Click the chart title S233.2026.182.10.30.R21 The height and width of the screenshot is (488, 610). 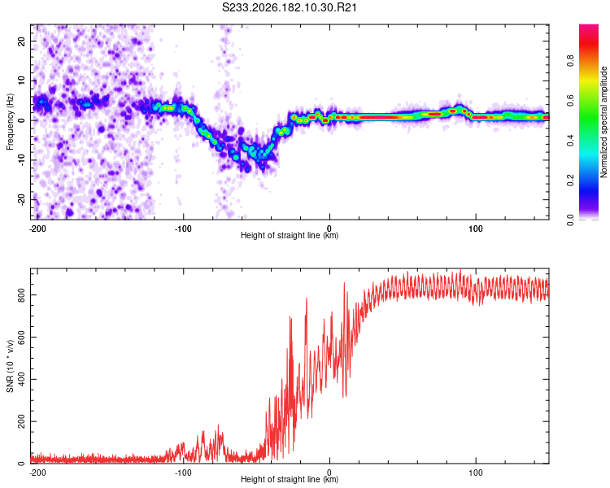point(289,7)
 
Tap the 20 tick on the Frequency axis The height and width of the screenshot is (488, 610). point(21,41)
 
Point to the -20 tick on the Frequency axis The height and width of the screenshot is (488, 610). point(21,200)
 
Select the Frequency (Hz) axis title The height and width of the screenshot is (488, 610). point(10,122)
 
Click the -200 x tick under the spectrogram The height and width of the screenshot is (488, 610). point(37,229)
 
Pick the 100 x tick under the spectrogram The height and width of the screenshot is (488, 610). point(476,229)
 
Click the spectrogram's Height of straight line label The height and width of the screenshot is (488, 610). point(290,235)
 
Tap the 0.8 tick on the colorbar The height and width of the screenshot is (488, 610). point(570,61)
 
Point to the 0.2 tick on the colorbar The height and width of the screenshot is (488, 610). point(570,181)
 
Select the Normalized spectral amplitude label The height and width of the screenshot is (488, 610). point(603,122)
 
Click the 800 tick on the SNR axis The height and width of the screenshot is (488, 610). point(21,295)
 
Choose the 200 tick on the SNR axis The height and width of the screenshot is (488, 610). point(21,421)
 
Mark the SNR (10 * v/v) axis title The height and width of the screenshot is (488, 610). point(10,366)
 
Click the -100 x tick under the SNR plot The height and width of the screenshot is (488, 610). point(183,473)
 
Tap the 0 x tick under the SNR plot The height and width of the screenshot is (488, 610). point(329,473)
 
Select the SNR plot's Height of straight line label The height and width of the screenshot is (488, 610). point(290,479)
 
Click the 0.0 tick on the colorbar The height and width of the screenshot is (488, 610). point(570,220)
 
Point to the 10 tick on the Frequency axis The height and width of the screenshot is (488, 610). point(21,81)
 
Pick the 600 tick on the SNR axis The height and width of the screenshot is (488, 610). point(21,337)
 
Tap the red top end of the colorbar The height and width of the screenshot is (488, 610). point(589,26)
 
